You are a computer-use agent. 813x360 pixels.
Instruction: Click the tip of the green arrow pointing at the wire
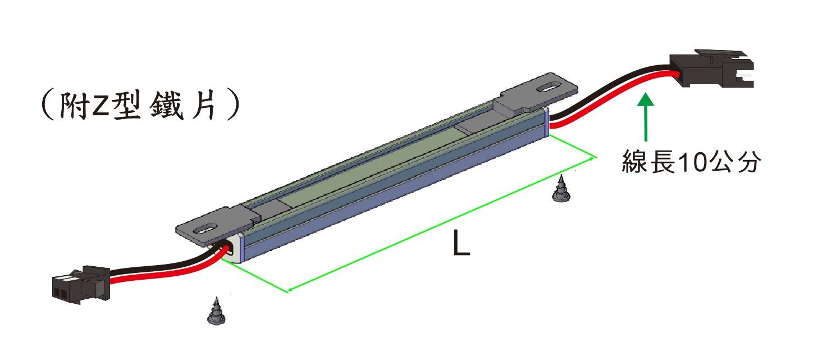click(646, 94)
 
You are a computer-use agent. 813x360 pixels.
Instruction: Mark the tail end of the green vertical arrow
click(646, 141)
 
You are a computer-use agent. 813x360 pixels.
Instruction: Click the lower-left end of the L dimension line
click(288, 291)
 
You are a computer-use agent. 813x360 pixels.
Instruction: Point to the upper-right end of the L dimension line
click(596, 157)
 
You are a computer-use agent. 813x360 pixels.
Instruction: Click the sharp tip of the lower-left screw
click(217, 298)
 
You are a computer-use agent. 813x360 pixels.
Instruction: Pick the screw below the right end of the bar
click(561, 188)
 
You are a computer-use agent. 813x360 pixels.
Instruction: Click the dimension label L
click(462, 244)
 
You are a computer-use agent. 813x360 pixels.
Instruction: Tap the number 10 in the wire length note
click(692, 162)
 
